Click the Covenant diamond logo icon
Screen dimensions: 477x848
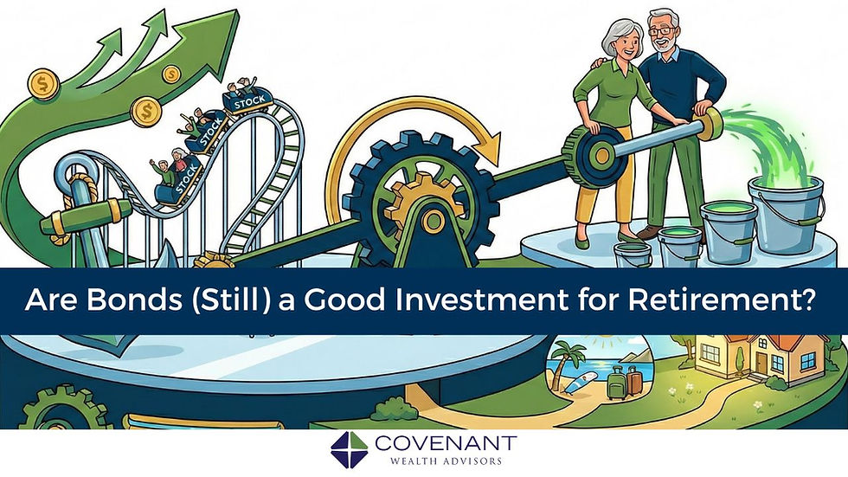point(350,448)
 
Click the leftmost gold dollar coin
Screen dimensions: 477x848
point(41,85)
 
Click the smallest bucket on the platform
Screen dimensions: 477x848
point(632,253)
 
